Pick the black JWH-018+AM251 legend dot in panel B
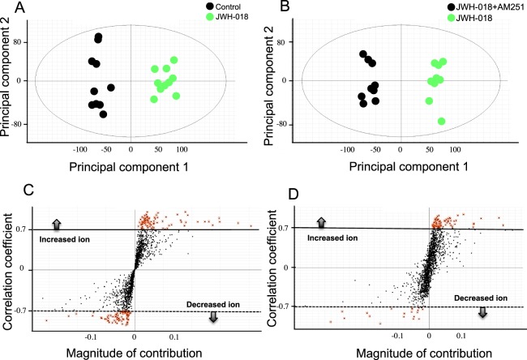click(427, 7)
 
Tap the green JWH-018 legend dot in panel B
click(427, 20)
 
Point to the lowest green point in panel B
click(442, 121)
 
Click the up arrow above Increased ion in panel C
click(57, 223)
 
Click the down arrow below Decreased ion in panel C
click(213, 316)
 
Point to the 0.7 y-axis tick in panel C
click(24, 229)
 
